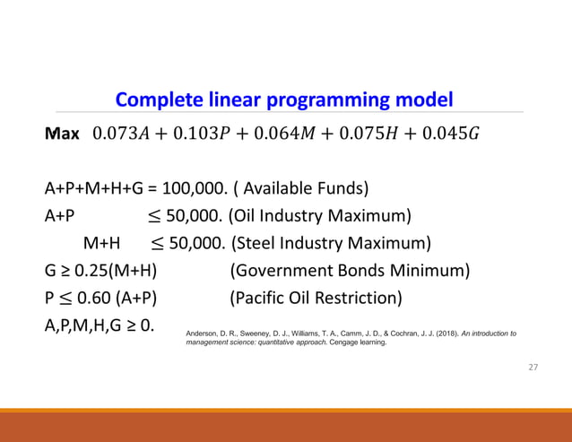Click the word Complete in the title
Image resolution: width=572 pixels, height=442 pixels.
pos(153,99)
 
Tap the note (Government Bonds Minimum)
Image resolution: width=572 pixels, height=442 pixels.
pos(350,270)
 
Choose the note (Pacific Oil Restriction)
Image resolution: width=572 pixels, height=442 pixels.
pos(316,297)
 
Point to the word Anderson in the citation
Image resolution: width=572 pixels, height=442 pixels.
pos(202,333)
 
